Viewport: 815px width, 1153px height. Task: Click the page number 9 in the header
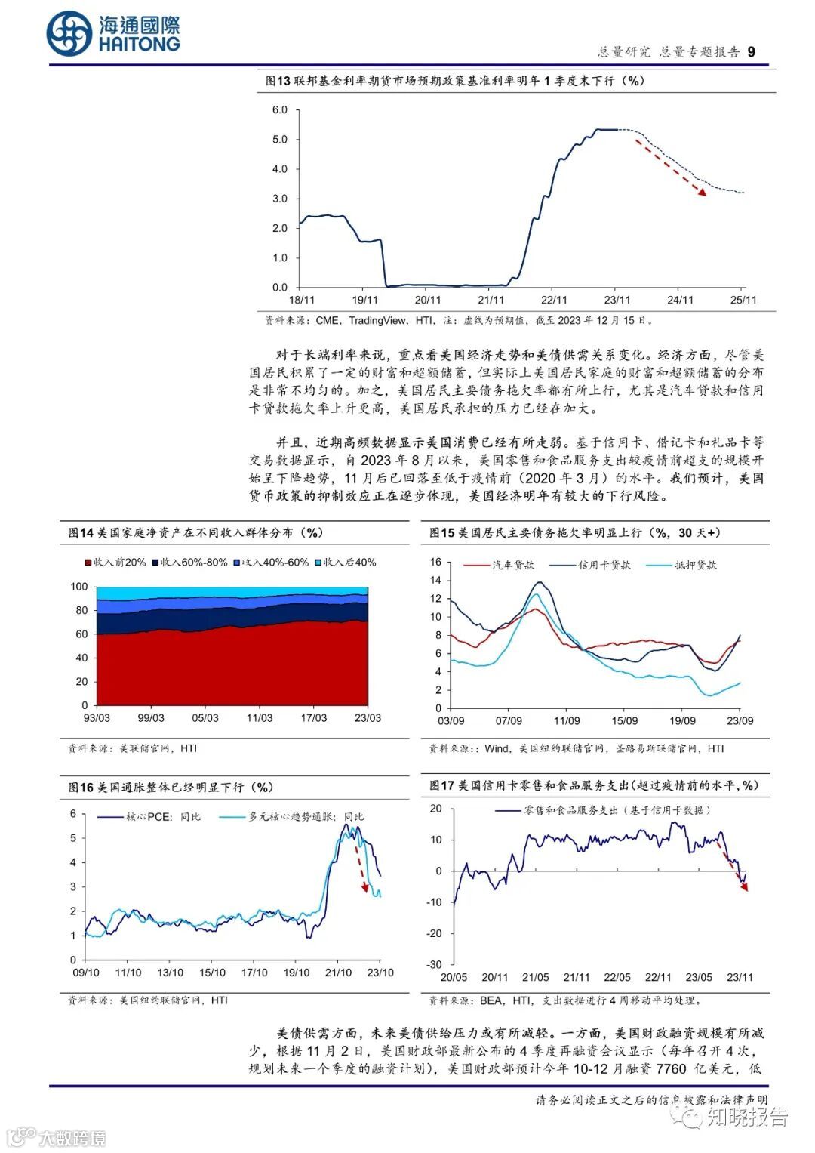[x=751, y=51]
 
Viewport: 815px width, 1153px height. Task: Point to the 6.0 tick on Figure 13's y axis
[x=280, y=110]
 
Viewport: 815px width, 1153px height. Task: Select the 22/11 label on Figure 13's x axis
[x=554, y=301]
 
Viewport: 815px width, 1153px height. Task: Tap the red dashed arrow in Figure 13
[x=669, y=167]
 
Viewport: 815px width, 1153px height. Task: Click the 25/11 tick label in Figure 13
[x=743, y=301]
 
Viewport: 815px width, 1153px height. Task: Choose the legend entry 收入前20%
[x=115, y=563]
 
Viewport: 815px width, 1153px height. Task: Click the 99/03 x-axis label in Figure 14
[x=151, y=718]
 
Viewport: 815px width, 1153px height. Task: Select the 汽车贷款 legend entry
[x=512, y=565]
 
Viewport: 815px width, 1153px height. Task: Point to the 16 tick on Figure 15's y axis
[x=435, y=562]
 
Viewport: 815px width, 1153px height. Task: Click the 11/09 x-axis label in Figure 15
[x=567, y=721]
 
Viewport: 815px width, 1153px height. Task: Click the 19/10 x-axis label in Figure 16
[x=296, y=973]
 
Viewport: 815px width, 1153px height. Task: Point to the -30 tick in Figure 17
[x=434, y=964]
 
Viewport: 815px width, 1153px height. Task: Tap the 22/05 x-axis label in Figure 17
[x=617, y=977]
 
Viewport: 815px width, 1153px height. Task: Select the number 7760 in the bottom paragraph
[x=671, y=1068]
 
